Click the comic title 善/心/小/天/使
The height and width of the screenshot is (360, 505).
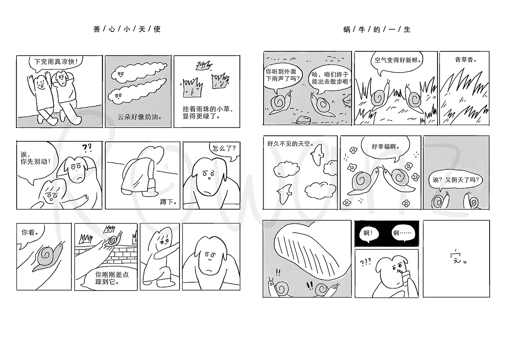(127, 29)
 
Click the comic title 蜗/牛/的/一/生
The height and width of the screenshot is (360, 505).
(377, 30)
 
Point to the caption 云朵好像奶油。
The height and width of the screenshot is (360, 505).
(140, 117)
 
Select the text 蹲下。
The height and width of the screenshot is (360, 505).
(168, 202)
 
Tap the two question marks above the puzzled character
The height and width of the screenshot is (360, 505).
(87, 148)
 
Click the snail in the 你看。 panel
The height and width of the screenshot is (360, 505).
(48, 256)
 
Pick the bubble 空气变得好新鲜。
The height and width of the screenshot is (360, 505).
(397, 61)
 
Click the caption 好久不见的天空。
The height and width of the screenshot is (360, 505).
(290, 143)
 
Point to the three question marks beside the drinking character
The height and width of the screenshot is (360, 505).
(365, 262)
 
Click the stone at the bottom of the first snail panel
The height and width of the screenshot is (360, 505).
(303, 120)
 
